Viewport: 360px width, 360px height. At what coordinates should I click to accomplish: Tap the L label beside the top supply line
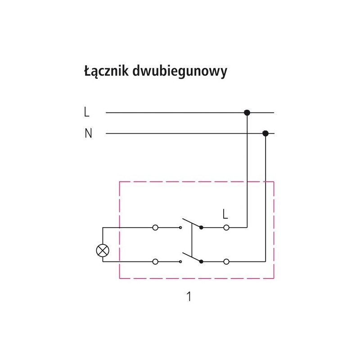(87, 112)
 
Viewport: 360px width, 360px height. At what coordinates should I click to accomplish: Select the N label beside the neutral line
(88, 134)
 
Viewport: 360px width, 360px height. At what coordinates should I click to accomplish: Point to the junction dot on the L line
(247, 112)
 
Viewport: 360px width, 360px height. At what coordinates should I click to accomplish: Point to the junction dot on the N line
(265, 133)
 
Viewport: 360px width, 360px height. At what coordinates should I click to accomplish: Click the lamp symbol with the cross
(103, 250)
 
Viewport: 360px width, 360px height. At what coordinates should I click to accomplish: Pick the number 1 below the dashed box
(189, 297)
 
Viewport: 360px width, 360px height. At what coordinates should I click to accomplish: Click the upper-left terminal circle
(155, 228)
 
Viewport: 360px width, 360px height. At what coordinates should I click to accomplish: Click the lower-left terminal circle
(155, 261)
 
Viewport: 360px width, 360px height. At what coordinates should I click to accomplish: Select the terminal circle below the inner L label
(226, 228)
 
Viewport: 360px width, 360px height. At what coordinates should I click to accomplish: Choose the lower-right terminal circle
(226, 261)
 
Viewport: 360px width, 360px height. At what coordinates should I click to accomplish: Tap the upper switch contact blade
(191, 223)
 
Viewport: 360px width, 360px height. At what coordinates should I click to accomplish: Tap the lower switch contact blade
(191, 257)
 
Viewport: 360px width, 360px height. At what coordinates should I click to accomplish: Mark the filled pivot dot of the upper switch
(201, 228)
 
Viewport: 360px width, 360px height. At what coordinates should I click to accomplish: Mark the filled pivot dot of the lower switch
(201, 261)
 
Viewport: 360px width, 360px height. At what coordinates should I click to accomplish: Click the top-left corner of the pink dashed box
(119, 181)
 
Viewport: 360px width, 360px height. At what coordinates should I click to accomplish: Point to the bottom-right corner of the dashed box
(274, 279)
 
